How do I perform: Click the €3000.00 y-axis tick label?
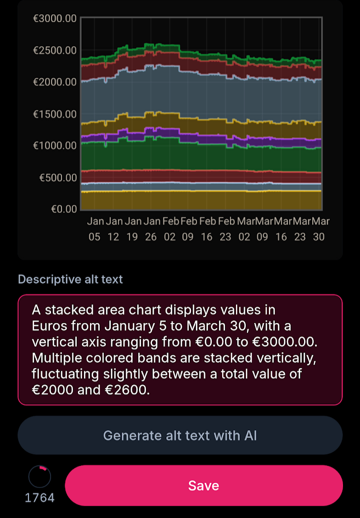point(55,19)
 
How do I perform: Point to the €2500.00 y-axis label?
point(55,50)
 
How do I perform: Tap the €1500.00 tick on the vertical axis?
point(55,114)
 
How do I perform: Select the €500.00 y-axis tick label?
point(58,178)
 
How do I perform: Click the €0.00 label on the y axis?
point(64,209)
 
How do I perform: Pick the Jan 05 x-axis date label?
point(95,229)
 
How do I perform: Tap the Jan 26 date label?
point(151,229)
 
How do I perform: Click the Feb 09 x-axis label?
point(189,229)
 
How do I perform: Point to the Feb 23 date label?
point(226,229)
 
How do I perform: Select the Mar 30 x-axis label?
point(319,229)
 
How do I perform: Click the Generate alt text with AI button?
point(180,436)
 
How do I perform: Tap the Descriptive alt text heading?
point(70,279)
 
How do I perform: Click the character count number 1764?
point(40,498)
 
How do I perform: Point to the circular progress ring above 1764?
point(40,477)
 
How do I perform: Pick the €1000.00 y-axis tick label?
point(55,146)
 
